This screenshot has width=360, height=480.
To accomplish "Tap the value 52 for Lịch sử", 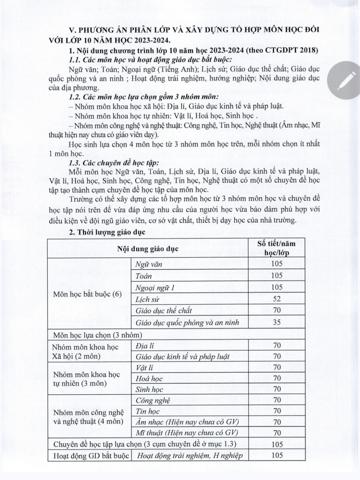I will pyautogui.click(x=276, y=299).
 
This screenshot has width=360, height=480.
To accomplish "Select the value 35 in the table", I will pyautogui.click(x=276, y=322).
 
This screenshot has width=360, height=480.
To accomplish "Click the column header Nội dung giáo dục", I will pyautogui.click(x=148, y=249).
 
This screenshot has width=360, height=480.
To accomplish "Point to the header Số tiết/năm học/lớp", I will pyautogui.click(x=276, y=248).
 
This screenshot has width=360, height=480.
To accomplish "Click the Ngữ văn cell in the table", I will pyautogui.click(x=149, y=264).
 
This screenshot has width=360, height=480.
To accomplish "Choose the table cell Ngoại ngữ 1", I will pyautogui.click(x=154, y=287).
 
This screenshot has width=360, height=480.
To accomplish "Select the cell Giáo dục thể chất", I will pyautogui.click(x=163, y=310).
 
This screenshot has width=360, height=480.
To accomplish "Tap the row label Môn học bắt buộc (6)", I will pyautogui.click(x=87, y=294).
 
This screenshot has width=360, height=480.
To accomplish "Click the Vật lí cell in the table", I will pyautogui.click(x=145, y=367).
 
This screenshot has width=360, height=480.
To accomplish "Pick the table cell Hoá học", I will pyautogui.click(x=149, y=378).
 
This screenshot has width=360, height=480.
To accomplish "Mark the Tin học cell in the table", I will pyautogui.click(x=148, y=411).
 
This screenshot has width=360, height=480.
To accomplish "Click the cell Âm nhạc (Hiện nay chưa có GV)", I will pyautogui.click(x=187, y=422).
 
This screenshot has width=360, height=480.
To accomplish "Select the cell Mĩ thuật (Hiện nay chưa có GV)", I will pyautogui.click(x=187, y=433).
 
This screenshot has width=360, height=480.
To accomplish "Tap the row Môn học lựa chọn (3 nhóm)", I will pyautogui.click(x=97, y=335).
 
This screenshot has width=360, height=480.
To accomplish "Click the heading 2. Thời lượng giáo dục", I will pyautogui.click(x=107, y=232).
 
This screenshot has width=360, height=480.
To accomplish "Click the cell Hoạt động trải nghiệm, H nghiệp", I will pyautogui.click(x=190, y=455).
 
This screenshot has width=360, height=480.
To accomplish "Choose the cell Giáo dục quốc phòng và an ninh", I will pyautogui.click(x=187, y=322).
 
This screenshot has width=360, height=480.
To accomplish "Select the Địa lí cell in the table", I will pyautogui.click(x=145, y=345).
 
